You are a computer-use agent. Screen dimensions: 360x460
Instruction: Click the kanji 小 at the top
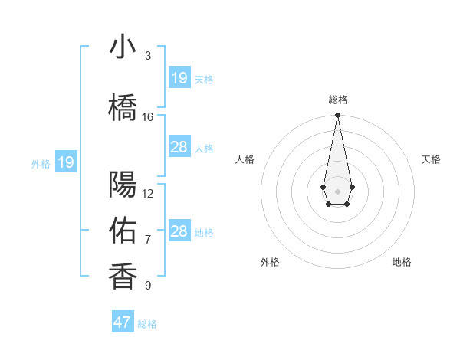[x=123, y=47]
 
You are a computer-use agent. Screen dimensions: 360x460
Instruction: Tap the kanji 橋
[x=123, y=107]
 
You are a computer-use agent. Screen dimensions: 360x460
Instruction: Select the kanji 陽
[x=123, y=185]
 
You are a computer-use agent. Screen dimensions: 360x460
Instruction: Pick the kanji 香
[x=123, y=277]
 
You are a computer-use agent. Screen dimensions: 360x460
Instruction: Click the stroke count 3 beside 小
[x=148, y=56]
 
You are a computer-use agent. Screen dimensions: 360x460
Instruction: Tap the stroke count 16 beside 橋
[x=148, y=116]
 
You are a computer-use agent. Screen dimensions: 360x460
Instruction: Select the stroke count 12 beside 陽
[x=148, y=194]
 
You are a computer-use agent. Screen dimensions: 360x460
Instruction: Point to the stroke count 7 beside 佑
[x=148, y=240]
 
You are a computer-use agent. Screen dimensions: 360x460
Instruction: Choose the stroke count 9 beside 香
[x=148, y=286]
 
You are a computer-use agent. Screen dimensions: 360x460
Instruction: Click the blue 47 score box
[x=123, y=322]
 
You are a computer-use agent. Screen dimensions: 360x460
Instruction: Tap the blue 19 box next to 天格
[x=179, y=78]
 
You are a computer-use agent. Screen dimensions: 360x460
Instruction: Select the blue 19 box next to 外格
[x=66, y=162]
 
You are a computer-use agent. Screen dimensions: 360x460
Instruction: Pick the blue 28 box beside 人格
[x=179, y=147]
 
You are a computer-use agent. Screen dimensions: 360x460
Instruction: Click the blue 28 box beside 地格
[x=179, y=231]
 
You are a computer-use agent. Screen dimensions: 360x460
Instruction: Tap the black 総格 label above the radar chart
[x=338, y=100]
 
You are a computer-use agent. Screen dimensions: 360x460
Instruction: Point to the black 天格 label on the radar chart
[x=431, y=159]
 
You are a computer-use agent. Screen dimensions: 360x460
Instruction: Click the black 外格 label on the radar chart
[x=270, y=262]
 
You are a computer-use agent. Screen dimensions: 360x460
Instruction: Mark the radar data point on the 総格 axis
[x=337, y=116]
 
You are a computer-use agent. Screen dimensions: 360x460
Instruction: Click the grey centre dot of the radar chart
[x=337, y=191]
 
